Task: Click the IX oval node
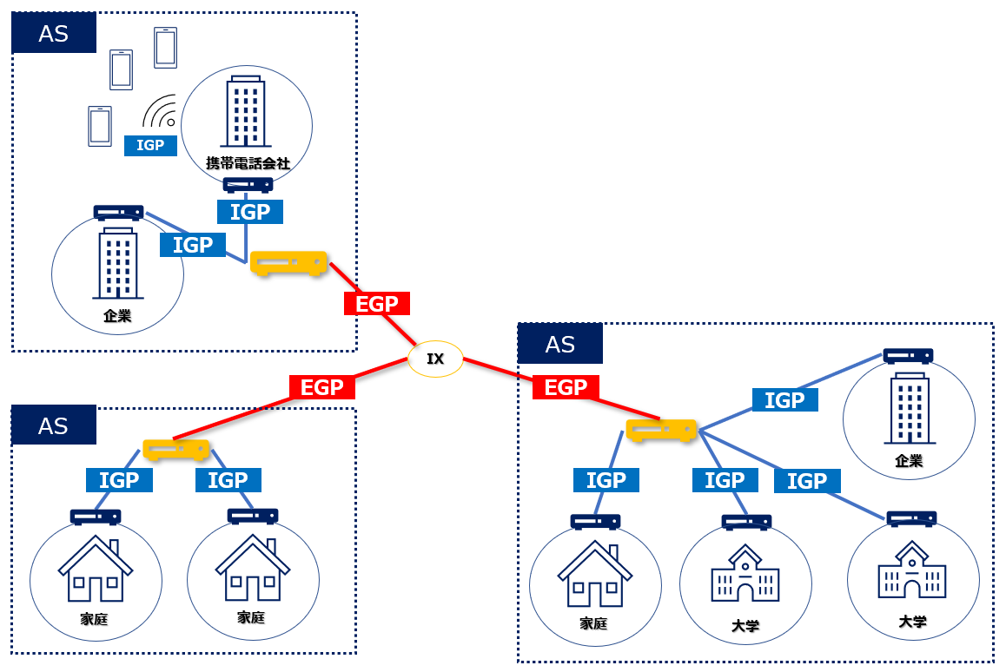(435, 359)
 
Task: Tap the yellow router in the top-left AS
(288, 263)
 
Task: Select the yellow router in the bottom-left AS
(176, 449)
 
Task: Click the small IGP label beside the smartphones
(150, 145)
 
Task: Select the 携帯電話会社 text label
(247, 162)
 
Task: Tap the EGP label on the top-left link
(376, 304)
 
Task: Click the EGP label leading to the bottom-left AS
(322, 387)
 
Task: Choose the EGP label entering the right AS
(566, 387)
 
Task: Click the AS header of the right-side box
(559, 345)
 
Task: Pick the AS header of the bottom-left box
(53, 426)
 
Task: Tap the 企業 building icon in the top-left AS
(117, 264)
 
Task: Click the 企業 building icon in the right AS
(909, 408)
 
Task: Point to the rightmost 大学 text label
(912, 622)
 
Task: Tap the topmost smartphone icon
(165, 47)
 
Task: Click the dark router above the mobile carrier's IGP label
(248, 185)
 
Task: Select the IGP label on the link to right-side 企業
(784, 399)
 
